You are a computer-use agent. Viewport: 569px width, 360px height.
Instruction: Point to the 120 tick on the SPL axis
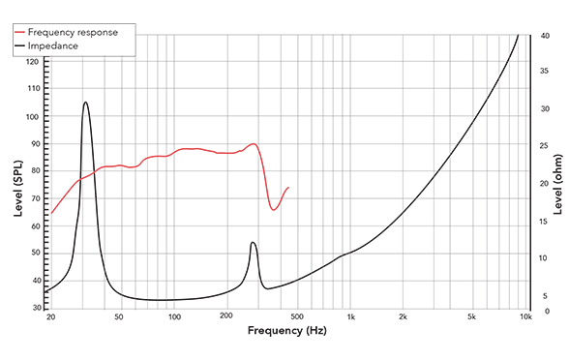[x=34, y=61]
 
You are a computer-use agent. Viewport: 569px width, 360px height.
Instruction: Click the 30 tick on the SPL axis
[x=36, y=308]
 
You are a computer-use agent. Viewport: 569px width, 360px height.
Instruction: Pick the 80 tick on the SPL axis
[x=36, y=171]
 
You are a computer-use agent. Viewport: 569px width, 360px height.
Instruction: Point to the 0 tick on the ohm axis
[x=544, y=312]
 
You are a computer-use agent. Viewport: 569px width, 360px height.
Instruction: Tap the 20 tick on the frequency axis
[x=49, y=316]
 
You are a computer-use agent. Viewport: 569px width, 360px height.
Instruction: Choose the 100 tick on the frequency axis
[x=174, y=316]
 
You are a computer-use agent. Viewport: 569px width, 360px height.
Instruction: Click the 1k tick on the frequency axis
[x=350, y=316]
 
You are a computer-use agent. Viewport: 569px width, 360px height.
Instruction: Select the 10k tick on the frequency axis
[x=525, y=316]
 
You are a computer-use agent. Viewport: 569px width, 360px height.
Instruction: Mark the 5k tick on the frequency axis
[x=472, y=316]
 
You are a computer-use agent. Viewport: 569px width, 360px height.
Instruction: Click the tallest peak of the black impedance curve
[x=85, y=102]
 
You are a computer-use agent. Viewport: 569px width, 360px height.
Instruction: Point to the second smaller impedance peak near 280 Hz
[x=253, y=242]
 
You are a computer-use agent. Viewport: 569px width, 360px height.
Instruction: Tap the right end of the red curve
[x=288, y=187]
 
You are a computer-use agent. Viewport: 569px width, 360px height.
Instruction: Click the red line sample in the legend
[x=21, y=32]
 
